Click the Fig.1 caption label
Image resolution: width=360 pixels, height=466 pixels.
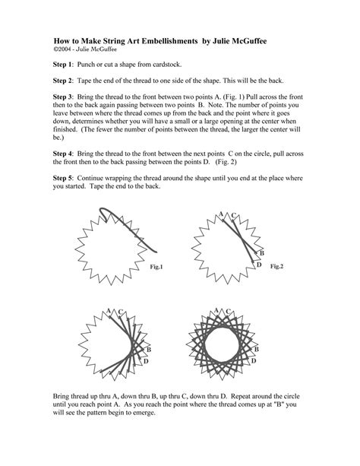[x=156, y=268]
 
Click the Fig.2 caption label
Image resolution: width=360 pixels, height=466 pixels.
[x=276, y=267]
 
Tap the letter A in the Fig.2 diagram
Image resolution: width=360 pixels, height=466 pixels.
[x=220, y=214]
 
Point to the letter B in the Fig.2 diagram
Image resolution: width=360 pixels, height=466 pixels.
[x=261, y=252]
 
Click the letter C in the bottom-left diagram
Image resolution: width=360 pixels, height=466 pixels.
[x=121, y=311]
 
